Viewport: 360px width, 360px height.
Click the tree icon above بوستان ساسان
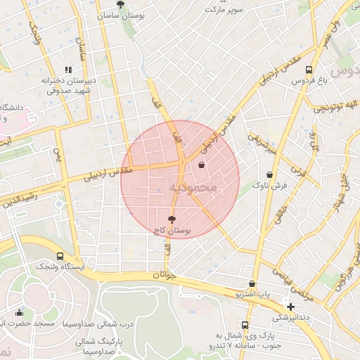pyautogui.click(x=122, y=4)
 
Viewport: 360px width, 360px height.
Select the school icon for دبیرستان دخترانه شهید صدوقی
pyautogui.click(x=68, y=70)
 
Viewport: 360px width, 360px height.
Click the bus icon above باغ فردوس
pyautogui.click(x=309, y=70)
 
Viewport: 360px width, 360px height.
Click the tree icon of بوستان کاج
pyautogui.click(x=172, y=219)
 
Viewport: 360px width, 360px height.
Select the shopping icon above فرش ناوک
pyautogui.click(x=269, y=174)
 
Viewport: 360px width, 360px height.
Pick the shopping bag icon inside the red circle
pyautogui.click(x=202, y=165)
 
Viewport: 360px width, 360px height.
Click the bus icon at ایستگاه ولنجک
pyautogui.click(x=60, y=256)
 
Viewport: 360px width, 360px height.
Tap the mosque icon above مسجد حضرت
pyautogui.click(x=19, y=313)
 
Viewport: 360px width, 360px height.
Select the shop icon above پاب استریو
pyautogui.click(x=252, y=283)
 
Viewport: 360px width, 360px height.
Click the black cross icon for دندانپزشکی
pyautogui.click(x=291, y=307)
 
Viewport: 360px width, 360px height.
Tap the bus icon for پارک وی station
pyautogui.click(x=245, y=325)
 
